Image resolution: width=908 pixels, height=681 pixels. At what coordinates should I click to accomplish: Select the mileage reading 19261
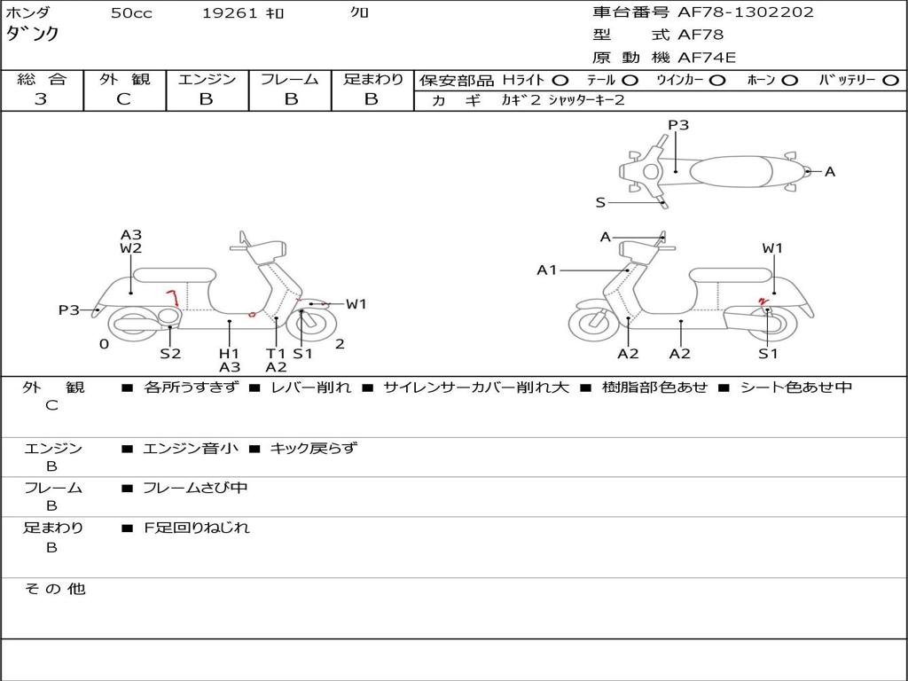(x=230, y=13)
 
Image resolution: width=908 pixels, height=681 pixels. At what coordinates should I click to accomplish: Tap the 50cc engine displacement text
(x=130, y=13)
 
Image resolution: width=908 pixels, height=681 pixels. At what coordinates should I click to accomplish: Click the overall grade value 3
(x=41, y=99)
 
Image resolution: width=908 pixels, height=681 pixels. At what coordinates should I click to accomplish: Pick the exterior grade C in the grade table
(x=123, y=99)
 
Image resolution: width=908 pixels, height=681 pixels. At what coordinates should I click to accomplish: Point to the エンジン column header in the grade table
(x=207, y=79)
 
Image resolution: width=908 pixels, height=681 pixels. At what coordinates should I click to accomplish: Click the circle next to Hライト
(x=560, y=80)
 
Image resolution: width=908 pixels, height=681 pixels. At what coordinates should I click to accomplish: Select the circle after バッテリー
(x=890, y=80)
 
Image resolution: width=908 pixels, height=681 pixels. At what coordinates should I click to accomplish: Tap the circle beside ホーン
(x=790, y=80)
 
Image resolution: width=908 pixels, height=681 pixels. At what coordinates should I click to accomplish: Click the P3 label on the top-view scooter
(x=678, y=125)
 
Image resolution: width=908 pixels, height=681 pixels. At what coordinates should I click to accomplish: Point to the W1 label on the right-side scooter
(x=772, y=248)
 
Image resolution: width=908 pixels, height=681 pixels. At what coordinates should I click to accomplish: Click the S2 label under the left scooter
(x=170, y=354)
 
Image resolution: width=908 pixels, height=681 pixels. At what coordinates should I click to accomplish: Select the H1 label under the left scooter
(x=229, y=354)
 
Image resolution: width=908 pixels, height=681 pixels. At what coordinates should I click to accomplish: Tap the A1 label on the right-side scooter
(x=547, y=270)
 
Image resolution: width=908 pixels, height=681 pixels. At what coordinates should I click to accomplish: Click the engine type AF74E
(x=707, y=58)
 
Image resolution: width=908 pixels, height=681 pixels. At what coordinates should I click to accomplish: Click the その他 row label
(x=54, y=589)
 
